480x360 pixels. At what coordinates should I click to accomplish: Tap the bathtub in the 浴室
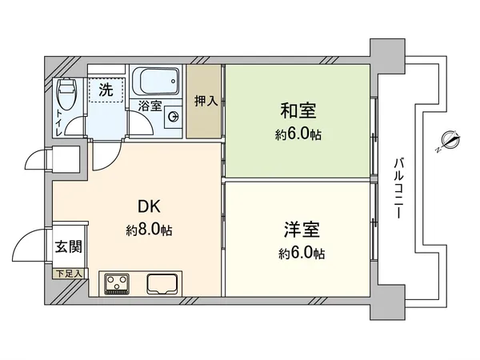coord(157,82)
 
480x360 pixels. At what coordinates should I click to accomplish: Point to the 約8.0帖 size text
coord(150,230)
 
